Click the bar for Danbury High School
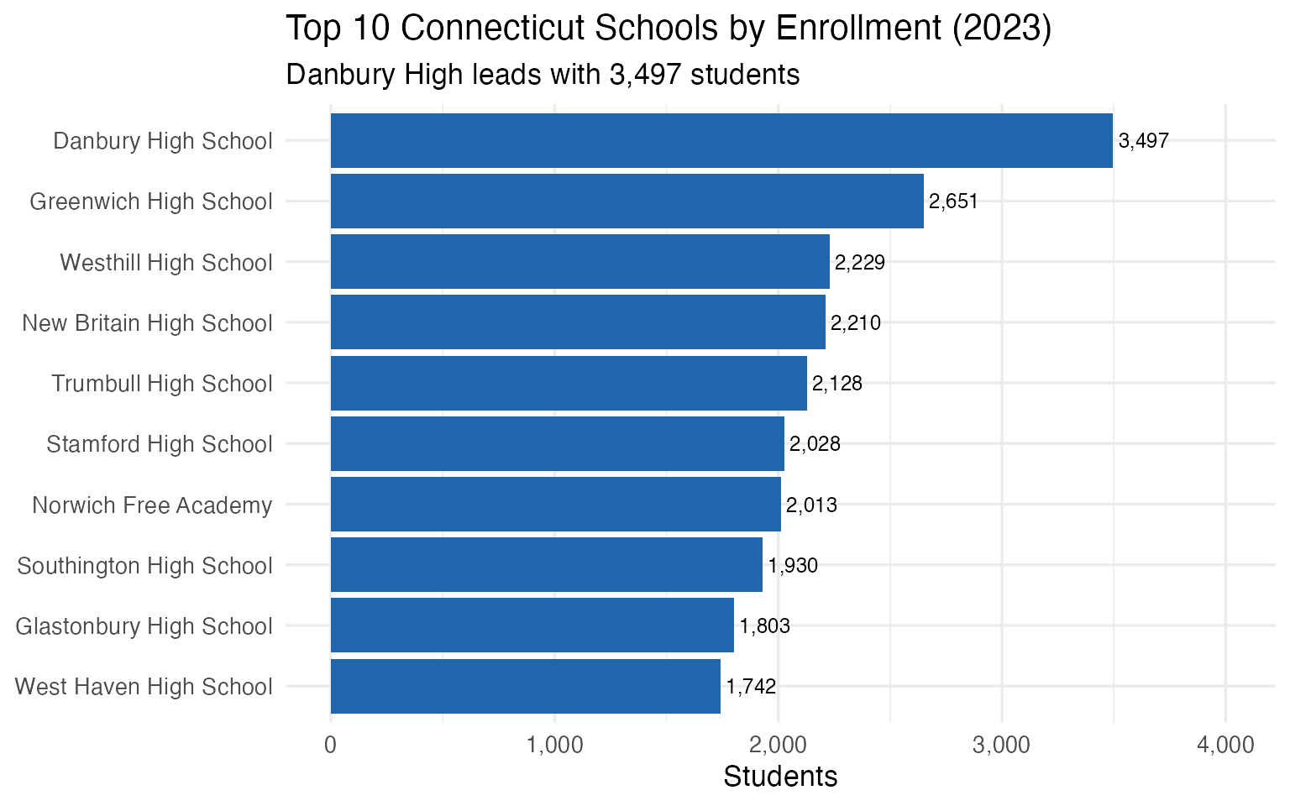click(721, 141)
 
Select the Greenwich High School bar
click(627, 201)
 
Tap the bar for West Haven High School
click(525, 687)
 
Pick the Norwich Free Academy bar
click(555, 505)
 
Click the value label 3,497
click(1143, 141)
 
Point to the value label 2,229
click(860, 263)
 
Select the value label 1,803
click(764, 626)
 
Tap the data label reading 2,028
click(815, 444)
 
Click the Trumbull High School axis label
click(162, 384)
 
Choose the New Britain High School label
click(148, 323)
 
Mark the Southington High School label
click(144, 566)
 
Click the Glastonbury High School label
click(144, 626)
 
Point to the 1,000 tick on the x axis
click(554, 745)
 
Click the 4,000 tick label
click(1225, 745)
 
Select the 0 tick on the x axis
click(330, 745)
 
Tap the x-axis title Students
click(780, 777)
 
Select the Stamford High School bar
click(557, 444)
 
